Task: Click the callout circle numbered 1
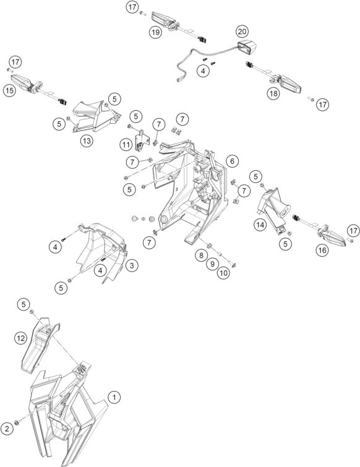point(114,397)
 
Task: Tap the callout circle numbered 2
point(7,429)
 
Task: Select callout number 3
point(132,265)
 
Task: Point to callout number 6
point(232,161)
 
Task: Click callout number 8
point(202,255)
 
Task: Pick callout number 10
point(224,273)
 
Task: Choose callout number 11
point(126,145)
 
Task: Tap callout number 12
point(20,338)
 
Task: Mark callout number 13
point(87,140)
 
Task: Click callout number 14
point(260,225)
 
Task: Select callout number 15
point(9,90)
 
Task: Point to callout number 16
point(322,250)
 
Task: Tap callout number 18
point(273,93)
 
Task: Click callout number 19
point(155,32)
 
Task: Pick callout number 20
point(242,32)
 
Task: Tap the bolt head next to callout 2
point(17,422)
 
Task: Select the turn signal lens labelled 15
point(22,81)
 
